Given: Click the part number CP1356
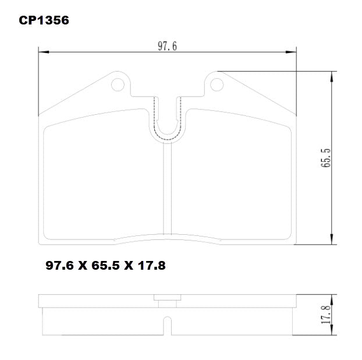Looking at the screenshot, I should point(44,20).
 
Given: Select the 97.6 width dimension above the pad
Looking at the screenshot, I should point(167,47).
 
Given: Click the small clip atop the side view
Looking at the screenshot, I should point(167,301).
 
